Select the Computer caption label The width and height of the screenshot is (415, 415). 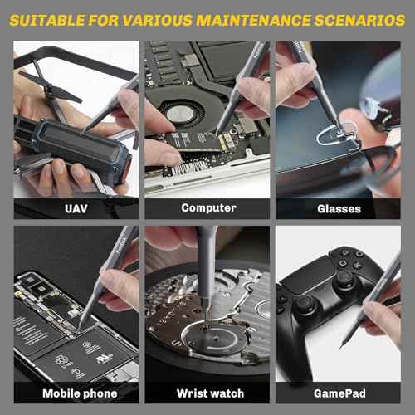[x=208, y=208]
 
